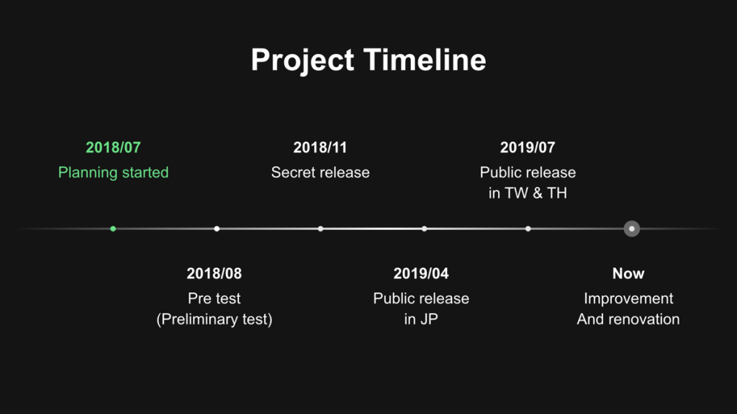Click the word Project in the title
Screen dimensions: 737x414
pos(302,60)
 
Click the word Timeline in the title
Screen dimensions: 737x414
pos(425,60)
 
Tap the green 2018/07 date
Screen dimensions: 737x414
pos(113,147)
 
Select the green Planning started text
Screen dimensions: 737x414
pos(113,172)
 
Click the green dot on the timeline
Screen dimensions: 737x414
pos(113,229)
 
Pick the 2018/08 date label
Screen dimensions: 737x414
pos(214,273)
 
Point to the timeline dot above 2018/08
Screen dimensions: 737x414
pos(217,229)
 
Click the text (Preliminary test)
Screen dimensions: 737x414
pos(214,319)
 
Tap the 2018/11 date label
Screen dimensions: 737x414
pos(320,147)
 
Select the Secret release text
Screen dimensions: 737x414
pos(320,172)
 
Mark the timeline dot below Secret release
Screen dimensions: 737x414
pos(320,229)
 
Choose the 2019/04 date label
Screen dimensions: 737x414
pos(421,273)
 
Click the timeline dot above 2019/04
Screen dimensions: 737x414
pos(425,229)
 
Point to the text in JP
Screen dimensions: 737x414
pos(421,319)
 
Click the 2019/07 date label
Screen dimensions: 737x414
pos(528,147)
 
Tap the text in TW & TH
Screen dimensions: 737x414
pos(528,193)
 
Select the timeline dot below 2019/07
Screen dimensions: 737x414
pos(528,229)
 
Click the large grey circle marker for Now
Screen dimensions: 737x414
pos(632,229)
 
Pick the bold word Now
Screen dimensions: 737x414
pos(628,273)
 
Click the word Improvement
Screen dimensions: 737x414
pos(628,298)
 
